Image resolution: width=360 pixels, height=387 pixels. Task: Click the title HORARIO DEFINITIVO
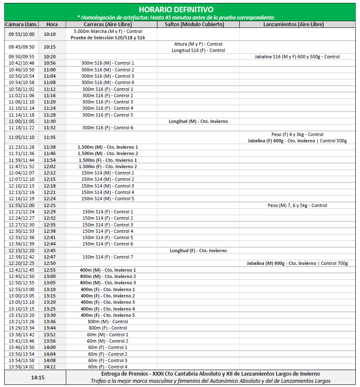coord(176,9)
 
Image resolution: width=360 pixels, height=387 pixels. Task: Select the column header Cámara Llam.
coord(22,25)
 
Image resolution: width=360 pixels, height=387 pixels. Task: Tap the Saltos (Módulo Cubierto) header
coord(198,25)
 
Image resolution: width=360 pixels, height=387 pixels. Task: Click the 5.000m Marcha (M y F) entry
coord(108,31)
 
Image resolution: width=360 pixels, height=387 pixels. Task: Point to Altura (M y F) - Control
coord(198,44)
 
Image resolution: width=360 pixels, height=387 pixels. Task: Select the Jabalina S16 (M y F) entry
coord(297,57)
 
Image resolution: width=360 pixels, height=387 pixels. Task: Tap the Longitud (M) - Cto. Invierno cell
coord(198,121)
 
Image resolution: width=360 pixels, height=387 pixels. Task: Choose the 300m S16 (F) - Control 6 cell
coord(108,128)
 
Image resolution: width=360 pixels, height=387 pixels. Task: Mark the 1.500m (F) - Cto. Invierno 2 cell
coord(108,166)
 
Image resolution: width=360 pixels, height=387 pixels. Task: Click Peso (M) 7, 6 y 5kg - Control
coord(297,205)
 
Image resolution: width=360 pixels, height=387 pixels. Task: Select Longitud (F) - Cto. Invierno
coord(198,251)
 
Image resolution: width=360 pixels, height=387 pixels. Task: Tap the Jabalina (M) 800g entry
coord(297,263)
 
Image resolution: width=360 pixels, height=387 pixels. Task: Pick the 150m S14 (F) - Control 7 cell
coord(108,257)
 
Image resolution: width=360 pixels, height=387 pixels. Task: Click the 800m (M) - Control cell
coord(108,322)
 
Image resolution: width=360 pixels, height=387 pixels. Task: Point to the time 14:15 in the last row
coord(37,377)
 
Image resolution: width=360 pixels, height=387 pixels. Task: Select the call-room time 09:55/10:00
coord(22,34)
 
